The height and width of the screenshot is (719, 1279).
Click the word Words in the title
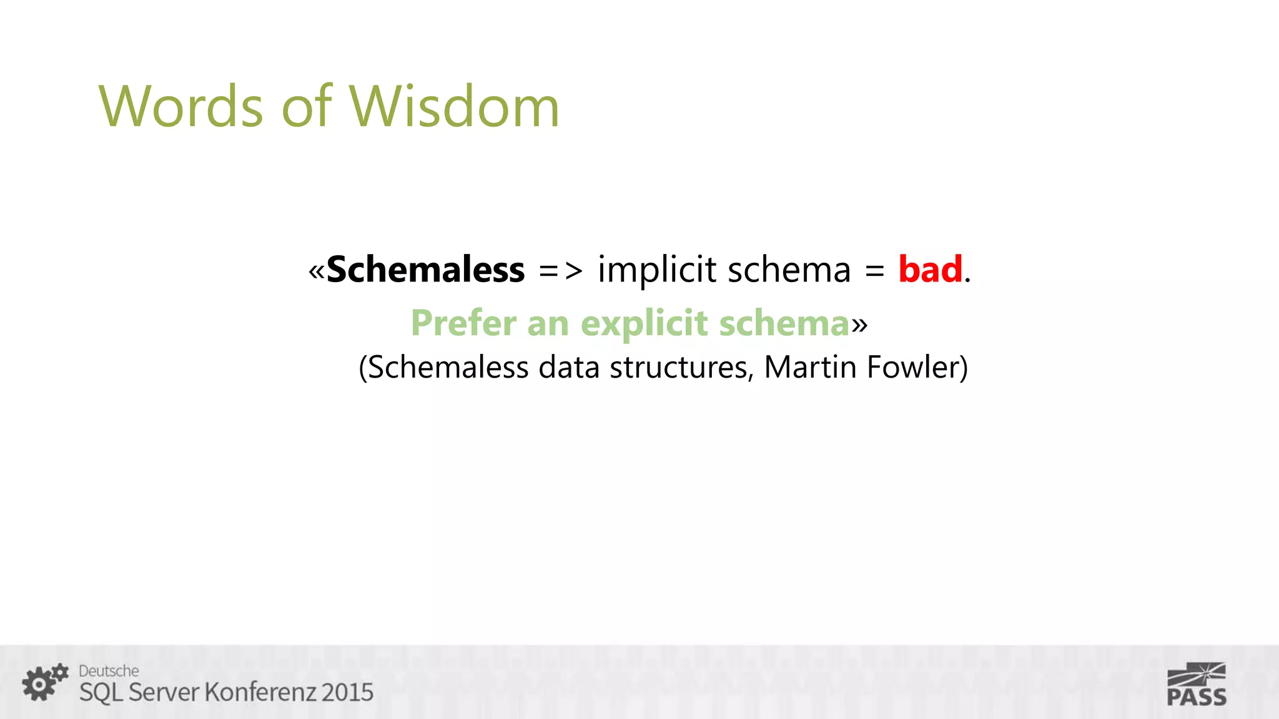[181, 107]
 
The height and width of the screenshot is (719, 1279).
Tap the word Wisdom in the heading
[453, 107]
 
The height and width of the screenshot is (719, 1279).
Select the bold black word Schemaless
[425, 270]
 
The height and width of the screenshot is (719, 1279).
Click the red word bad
[930, 270]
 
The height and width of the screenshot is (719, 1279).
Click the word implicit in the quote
[657, 271]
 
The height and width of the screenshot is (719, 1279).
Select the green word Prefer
[463, 324]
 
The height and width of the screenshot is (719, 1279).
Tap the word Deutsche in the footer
[109, 671]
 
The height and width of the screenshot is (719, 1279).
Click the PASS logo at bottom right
[1196, 685]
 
